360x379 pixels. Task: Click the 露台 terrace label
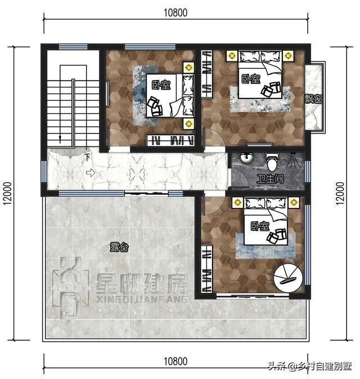pyautogui.click(x=119, y=247)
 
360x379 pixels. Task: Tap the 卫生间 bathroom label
pyautogui.click(x=269, y=179)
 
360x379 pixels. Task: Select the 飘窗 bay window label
pyautogui.click(x=313, y=99)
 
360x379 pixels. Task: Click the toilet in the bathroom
pyautogui.click(x=272, y=162)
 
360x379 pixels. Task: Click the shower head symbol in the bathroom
pyautogui.click(x=293, y=160)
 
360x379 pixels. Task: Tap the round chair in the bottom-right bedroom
pyautogui.click(x=288, y=278)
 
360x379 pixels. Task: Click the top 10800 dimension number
pyautogui.click(x=175, y=12)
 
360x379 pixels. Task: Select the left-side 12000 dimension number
pyautogui.click(x=7, y=194)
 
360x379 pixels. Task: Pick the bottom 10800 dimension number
pyautogui.click(x=175, y=362)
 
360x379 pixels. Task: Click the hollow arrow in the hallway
pyautogui.click(x=91, y=173)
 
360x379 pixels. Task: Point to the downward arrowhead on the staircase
pyautogui.click(x=60, y=139)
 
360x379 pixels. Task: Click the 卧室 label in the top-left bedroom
pyautogui.click(x=161, y=85)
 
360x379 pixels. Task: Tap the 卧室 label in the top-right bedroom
pyautogui.click(x=251, y=78)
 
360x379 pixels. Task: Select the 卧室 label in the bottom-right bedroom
pyautogui.click(x=260, y=226)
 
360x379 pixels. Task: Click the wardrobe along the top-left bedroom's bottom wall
pyautogui.click(x=171, y=140)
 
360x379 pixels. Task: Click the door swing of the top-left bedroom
pyautogui.click(x=119, y=137)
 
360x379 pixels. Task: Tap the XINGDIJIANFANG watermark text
pyautogui.click(x=142, y=300)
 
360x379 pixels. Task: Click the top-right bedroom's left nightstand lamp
pyautogui.click(x=232, y=56)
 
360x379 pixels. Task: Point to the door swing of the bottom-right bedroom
pyautogui.click(x=213, y=205)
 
